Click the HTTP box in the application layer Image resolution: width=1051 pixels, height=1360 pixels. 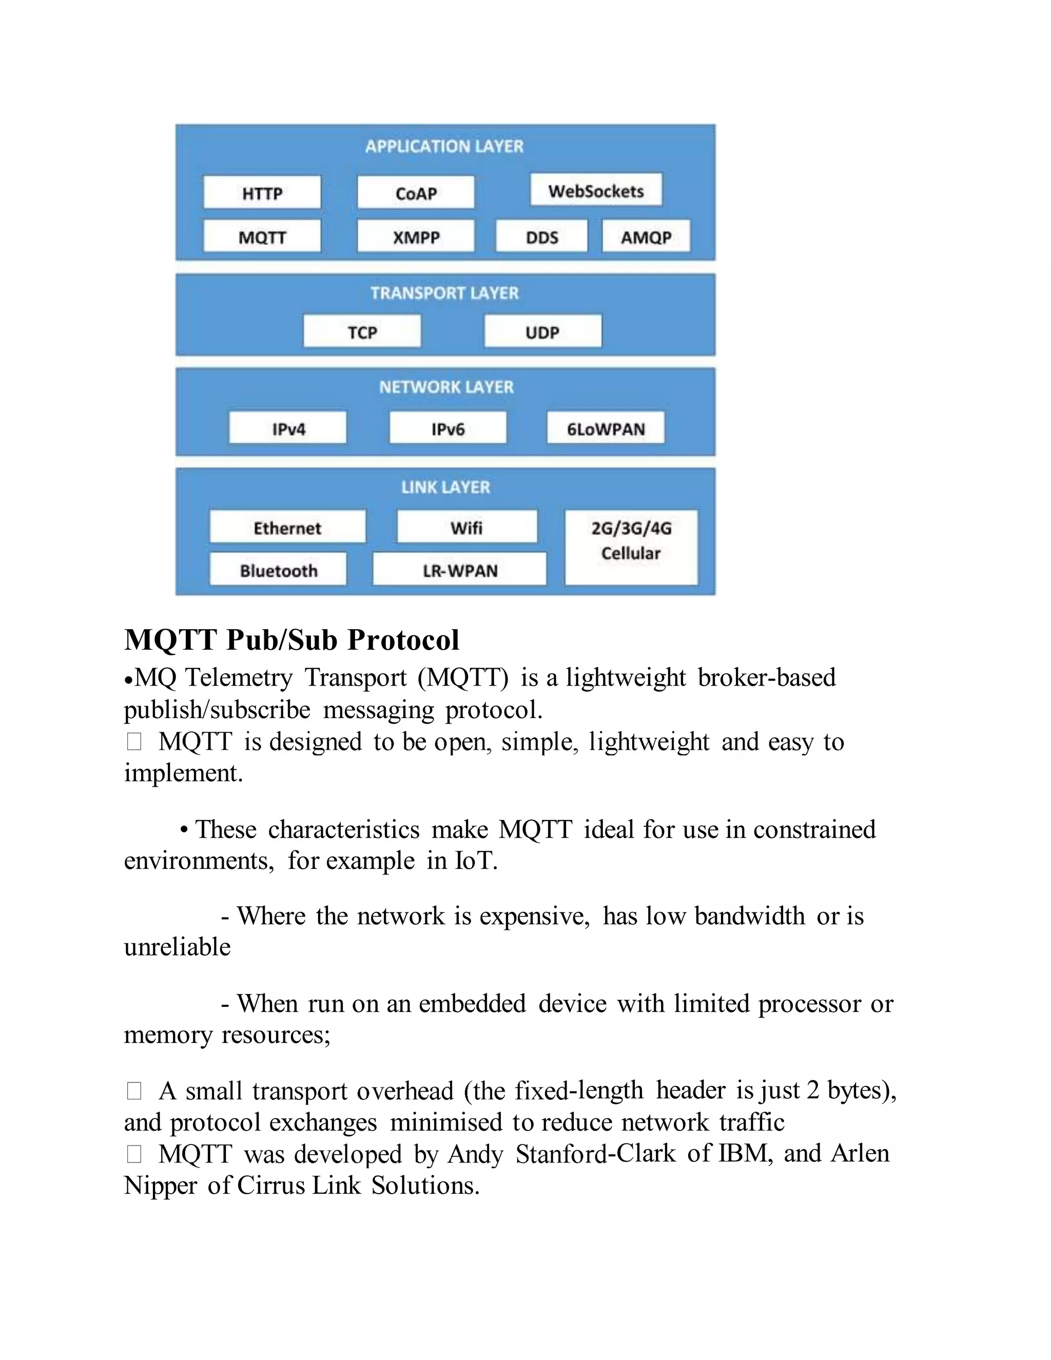[262, 193]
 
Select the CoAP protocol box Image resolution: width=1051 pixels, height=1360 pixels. [416, 193]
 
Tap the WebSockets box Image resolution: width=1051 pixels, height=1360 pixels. [596, 190]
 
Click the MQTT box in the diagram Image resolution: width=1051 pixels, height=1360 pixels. [262, 237]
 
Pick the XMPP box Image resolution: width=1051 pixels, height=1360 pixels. [416, 237]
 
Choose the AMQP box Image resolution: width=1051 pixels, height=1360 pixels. [646, 237]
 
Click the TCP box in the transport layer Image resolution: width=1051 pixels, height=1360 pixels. [362, 332]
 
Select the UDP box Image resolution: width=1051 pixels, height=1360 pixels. [542, 332]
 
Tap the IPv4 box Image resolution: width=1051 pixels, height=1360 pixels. [288, 429]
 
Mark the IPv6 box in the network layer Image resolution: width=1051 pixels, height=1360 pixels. [447, 429]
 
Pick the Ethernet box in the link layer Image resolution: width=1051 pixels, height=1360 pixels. [287, 528]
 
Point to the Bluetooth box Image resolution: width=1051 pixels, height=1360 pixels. [278, 570]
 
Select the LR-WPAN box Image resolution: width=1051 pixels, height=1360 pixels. [459, 570]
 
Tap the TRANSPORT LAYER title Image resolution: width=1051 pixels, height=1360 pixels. [444, 293]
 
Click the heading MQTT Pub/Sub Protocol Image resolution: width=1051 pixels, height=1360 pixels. [291, 640]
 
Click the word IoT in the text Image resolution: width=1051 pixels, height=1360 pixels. [476, 861]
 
